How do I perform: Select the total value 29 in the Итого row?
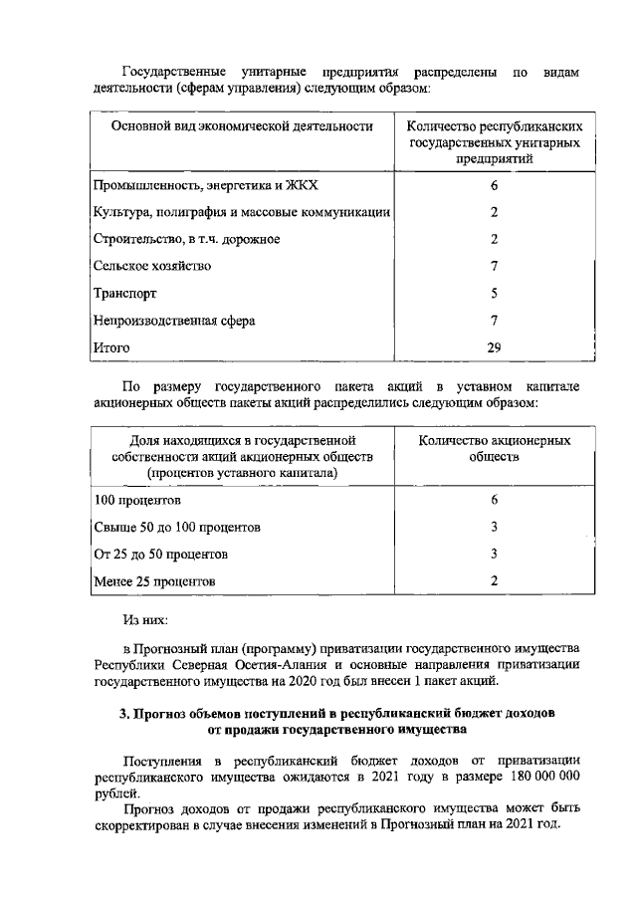pyautogui.click(x=494, y=347)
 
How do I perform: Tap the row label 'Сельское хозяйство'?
pyautogui.click(x=151, y=266)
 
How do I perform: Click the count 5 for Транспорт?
pyautogui.click(x=494, y=294)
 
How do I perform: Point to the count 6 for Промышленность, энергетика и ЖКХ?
pyautogui.click(x=494, y=185)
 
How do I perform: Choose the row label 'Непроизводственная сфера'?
pyautogui.click(x=173, y=321)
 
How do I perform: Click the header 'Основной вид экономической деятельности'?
pyautogui.click(x=242, y=126)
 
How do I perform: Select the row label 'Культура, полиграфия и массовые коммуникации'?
pyautogui.click(x=241, y=212)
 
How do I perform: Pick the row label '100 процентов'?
pyautogui.click(x=136, y=499)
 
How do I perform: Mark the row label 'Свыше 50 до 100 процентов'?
pyautogui.click(x=176, y=526)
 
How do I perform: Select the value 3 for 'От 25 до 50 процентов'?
pyautogui.click(x=494, y=554)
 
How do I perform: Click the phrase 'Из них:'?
pyautogui.click(x=145, y=618)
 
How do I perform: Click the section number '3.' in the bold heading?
pyautogui.click(x=124, y=714)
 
